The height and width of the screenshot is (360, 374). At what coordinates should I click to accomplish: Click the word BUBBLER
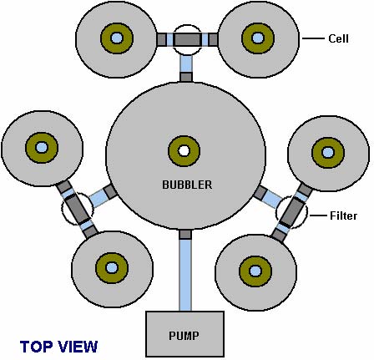point(187,185)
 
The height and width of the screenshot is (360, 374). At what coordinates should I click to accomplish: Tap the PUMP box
point(184,334)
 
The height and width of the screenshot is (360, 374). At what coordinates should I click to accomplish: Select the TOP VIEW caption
point(58,347)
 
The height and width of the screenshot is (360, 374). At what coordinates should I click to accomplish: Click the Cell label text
point(338,38)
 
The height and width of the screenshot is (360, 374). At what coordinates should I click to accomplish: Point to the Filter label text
point(343,215)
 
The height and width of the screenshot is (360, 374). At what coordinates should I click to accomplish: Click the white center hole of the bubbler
point(184,151)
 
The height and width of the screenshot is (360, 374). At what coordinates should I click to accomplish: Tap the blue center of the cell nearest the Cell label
point(258,38)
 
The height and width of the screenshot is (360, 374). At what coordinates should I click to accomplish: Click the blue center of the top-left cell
point(117,38)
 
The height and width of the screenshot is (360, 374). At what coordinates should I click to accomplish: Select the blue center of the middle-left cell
point(42,147)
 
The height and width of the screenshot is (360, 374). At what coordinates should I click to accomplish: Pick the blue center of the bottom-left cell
point(112,267)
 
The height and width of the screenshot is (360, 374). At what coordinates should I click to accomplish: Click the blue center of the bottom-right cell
point(255,271)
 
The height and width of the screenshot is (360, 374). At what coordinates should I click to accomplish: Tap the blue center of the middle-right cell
point(328,152)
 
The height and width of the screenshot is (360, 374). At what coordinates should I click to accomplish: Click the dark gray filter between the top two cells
point(187,39)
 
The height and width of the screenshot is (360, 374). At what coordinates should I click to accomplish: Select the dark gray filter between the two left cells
point(77,209)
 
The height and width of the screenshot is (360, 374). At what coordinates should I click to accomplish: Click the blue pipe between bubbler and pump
point(185,275)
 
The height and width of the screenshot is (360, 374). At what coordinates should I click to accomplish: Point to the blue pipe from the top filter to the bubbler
point(186,64)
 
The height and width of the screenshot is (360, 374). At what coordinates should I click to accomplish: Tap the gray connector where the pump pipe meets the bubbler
point(185,235)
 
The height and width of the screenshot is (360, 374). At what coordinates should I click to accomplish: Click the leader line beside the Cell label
point(314,38)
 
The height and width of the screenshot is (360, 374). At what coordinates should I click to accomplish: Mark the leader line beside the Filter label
point(318,215)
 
